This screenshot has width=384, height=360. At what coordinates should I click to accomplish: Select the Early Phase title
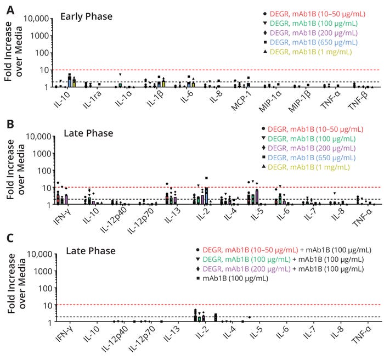pyautogui.click(x=86, y=16)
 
